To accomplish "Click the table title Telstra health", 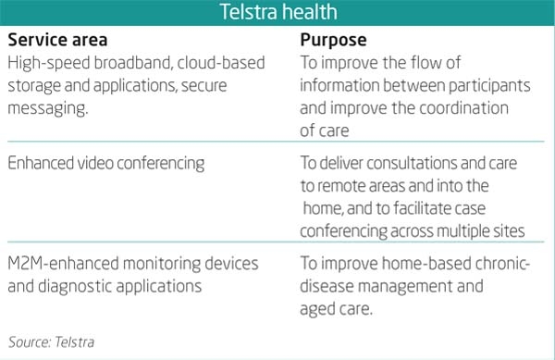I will tap(277, 13).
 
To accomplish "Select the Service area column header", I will tap(57, 42).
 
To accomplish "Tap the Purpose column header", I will tap(333, 42).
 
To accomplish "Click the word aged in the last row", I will tap(321, 309).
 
